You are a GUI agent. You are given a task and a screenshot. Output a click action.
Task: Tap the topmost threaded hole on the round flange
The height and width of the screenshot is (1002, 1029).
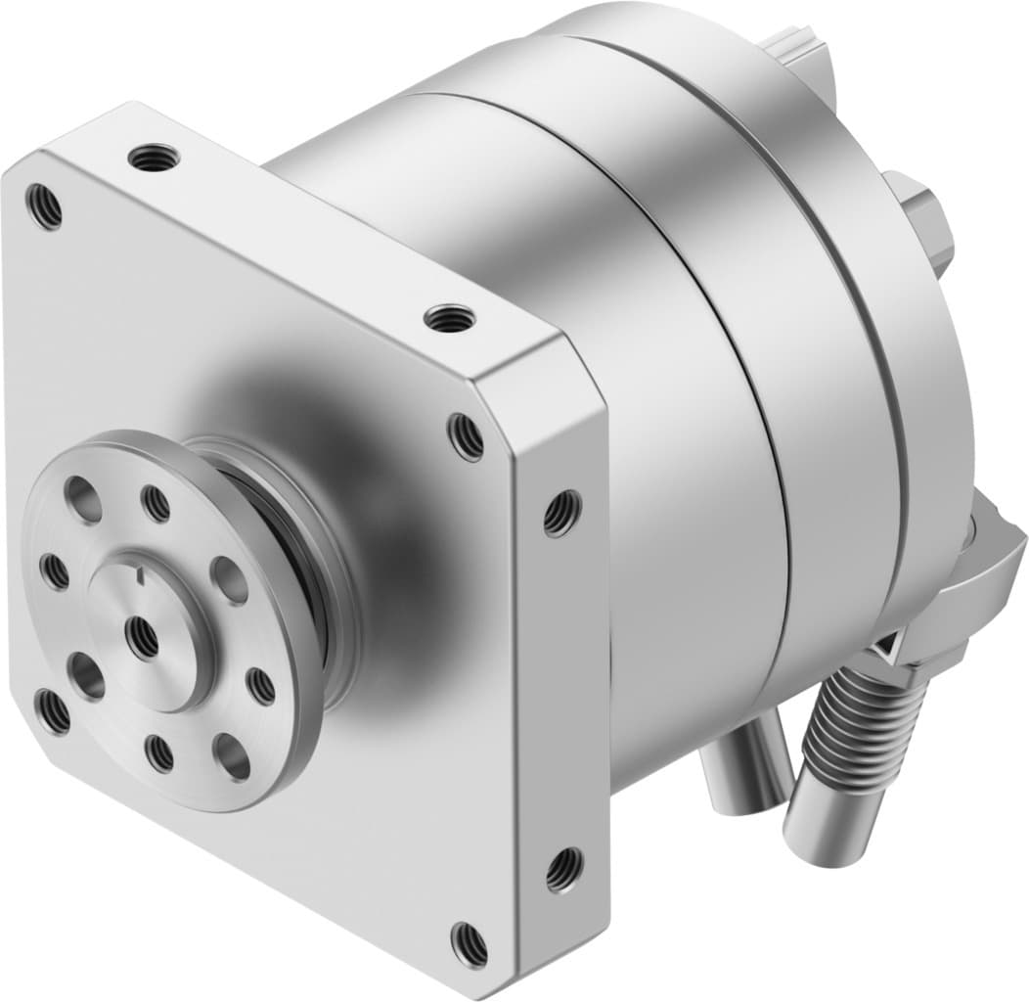(x=156, y=503)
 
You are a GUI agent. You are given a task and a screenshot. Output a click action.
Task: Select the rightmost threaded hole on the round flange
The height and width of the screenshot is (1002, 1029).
(x=261, y=685)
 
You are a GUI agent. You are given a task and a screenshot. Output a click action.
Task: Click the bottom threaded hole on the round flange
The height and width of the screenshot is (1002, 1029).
(x=158, y=752)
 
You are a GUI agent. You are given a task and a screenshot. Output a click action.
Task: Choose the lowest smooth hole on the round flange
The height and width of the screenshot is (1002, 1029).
(x=232, y=755)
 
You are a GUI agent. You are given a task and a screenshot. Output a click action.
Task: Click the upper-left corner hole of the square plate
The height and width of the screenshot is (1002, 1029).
(x=44, y=206)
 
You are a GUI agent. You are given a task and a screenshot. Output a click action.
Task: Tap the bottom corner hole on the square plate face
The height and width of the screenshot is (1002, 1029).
(x=469, y=943)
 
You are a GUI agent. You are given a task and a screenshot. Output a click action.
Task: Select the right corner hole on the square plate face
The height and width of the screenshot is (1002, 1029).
(x=466, y=436)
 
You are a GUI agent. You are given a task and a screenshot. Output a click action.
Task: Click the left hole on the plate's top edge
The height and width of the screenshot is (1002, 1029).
(x=155, y=157)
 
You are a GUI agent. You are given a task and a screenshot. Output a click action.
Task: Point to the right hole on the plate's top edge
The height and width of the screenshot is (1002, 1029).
(x=449, y=317)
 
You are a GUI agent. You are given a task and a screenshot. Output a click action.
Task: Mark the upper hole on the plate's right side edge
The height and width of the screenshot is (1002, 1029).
(x=561, y=512)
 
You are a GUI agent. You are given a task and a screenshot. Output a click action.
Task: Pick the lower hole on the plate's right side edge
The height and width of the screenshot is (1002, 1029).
(x=563, y=868)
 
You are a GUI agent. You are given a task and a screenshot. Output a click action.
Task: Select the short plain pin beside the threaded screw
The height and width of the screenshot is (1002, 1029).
(x=745, y=758)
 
